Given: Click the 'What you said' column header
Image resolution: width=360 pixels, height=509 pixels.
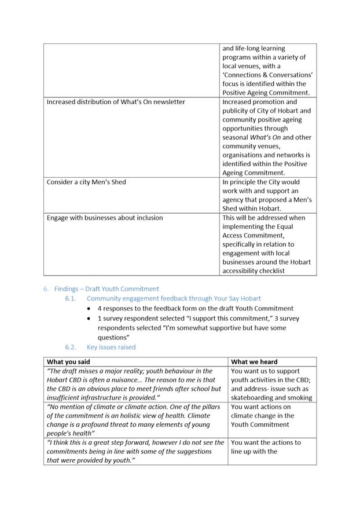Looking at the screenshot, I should click(x=68, y=362).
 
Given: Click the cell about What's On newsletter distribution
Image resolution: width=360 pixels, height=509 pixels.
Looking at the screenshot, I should click(x=116, y=102).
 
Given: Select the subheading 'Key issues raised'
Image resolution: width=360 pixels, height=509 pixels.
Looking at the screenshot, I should click(x=111, y=347).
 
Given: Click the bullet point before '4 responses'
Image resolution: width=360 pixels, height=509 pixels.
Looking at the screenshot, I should click(x=89, y=309).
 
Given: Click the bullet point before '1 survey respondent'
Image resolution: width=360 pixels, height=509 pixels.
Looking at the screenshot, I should click(x=89, y=318).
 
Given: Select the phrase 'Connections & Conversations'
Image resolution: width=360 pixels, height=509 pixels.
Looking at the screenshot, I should click(x=268, y=75).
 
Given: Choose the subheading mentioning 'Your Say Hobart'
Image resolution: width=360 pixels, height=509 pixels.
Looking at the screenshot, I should click(x=174, y=298).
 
